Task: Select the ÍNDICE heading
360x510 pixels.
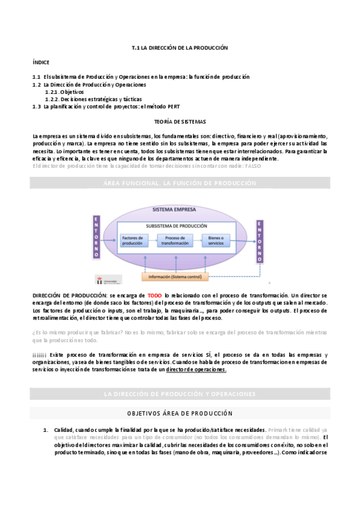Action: pos(41,62)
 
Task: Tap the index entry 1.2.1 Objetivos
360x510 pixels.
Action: pos(67,92)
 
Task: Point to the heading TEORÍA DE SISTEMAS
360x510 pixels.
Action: pos(180,121)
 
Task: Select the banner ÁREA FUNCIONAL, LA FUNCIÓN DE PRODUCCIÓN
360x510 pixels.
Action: pos(180,183)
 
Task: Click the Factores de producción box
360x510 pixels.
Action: pos(133,240)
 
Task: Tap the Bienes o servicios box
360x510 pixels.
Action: pos(215,240)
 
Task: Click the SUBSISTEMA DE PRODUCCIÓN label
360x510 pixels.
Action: pos(173,226)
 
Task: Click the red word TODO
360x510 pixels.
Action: pos(155,296)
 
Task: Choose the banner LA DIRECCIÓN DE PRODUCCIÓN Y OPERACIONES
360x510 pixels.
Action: pos(180,394)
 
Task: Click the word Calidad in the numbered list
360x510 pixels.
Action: pos(63,430)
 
